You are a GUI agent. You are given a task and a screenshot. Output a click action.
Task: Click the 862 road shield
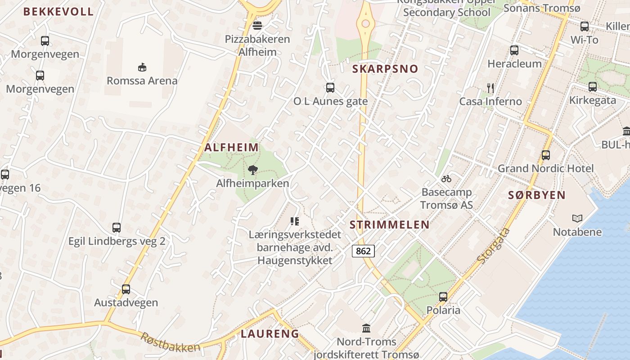(363, 251)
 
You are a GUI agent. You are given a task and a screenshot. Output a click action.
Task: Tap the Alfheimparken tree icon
(253, 170)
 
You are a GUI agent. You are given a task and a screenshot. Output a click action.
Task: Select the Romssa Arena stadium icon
(142, 67)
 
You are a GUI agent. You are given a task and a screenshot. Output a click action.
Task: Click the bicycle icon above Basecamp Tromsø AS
(446, 179)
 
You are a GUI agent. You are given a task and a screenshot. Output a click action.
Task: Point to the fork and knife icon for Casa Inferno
(490, 88)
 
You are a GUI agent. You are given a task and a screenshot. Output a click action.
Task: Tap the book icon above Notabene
(577, 218)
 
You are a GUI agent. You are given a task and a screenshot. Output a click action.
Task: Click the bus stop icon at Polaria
(443, 297)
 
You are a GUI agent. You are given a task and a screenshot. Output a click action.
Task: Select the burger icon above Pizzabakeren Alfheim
(257, 25)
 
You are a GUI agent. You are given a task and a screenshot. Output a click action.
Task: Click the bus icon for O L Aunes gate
(330, 88)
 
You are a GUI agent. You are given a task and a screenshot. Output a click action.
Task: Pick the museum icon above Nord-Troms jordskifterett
(366, 328)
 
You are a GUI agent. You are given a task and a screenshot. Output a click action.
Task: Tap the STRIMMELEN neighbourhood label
(389, 225)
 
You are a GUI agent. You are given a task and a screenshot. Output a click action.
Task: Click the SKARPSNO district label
(385, 69)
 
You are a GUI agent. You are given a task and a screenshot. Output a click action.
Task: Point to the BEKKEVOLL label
(58, 12)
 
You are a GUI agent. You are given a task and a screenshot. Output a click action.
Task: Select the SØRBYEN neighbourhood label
(536, 195)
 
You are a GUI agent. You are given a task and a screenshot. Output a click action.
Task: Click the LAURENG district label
(270, 333)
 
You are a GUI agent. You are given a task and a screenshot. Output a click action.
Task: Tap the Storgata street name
(494, 246)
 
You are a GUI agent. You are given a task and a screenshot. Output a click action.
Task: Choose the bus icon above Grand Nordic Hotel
(546, 155)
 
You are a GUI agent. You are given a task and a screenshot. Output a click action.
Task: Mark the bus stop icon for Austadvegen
(126, 289)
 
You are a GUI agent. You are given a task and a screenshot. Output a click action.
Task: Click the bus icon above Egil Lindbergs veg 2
(117, 228)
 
